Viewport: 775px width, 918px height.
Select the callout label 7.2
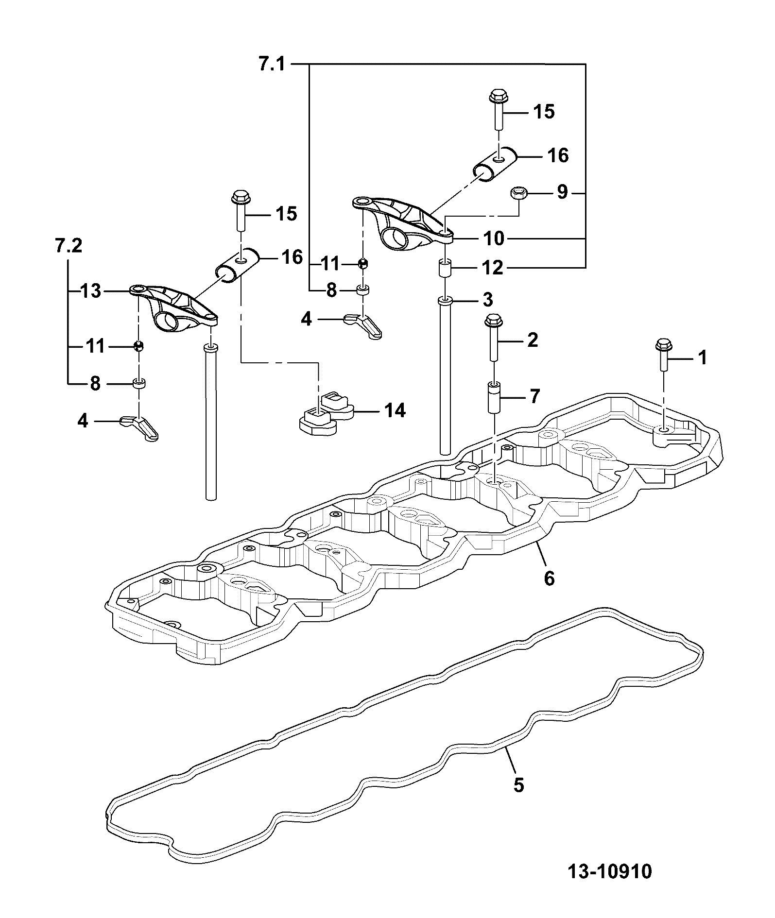[68, 246]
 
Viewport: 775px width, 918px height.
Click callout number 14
[395, 411]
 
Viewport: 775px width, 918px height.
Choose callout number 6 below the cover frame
[549, 578]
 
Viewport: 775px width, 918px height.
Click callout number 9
[562, 192]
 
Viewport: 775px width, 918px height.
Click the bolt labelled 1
[662, 356]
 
